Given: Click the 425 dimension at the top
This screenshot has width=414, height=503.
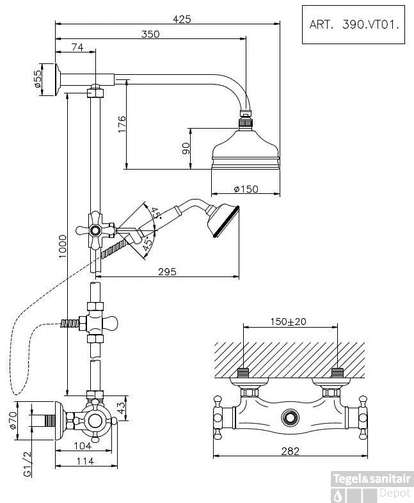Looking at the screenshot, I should [182, 19].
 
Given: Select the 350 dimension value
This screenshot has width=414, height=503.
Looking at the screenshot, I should [150, 35].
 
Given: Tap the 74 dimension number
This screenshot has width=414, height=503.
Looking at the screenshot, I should [77, 47].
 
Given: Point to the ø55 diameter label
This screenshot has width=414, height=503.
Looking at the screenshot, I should [37, 79].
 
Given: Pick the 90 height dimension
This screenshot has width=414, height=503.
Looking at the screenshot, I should [186, 148].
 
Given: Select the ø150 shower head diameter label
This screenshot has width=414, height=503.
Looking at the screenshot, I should [245, 189].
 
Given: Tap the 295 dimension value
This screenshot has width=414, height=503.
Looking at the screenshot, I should [166, 272].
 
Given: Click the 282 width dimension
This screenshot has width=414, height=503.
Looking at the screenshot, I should [290, 451].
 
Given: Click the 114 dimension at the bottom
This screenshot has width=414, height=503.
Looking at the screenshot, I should [84, 461].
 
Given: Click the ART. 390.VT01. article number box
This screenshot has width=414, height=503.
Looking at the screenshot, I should [354, 25].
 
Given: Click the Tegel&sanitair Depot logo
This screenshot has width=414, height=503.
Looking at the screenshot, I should [372, 486].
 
